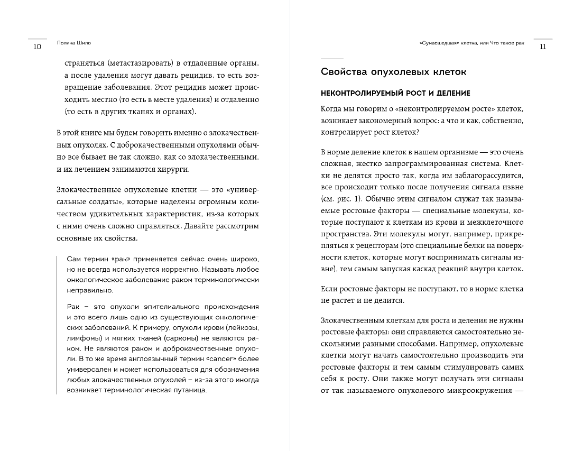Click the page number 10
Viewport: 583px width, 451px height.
click(x=36, y=47)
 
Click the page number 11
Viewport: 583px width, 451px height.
click(x=542, y=47)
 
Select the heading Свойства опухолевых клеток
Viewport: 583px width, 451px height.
click(x=393, y=71)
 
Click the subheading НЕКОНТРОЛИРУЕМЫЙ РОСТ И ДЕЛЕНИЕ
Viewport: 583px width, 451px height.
click(x=395, y=93)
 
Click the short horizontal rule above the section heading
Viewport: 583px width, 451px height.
click(x=332, y=58)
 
